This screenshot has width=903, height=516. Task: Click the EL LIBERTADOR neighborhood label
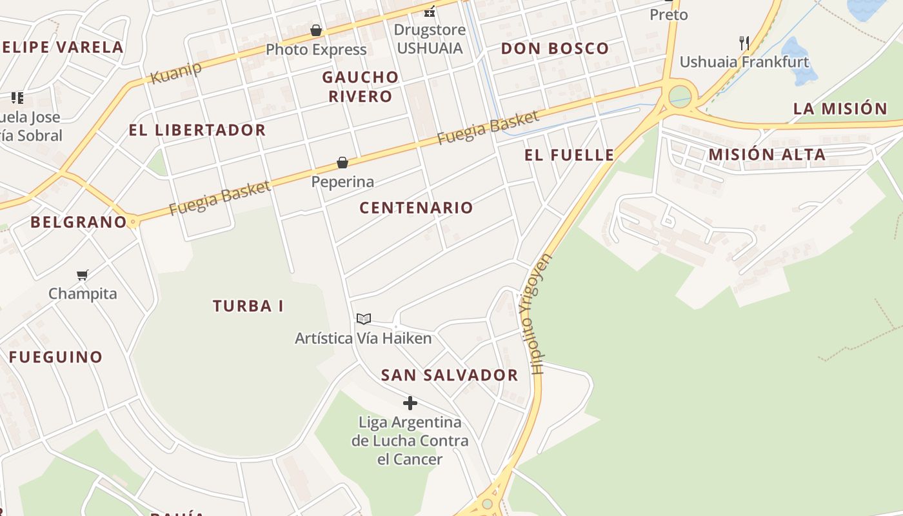tap(197, 130)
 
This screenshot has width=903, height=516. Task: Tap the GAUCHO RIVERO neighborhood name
tap(360, 86)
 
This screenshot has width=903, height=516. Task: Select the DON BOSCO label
tap(555, 48)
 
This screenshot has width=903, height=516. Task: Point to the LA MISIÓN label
tap(840, 108)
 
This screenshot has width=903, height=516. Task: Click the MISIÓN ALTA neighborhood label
tap(766, 155)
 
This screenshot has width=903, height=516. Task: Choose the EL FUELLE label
tap(569, 155)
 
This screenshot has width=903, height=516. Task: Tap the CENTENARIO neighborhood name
tap(416, 208)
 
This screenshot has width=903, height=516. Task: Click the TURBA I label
tap(248, 306)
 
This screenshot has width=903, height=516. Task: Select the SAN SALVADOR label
tap(449, 375)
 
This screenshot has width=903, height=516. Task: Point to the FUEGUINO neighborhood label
tap(55, 357)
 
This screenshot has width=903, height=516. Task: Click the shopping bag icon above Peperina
tap(342, 163)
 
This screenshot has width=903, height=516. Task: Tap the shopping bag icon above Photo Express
tap(316, 30)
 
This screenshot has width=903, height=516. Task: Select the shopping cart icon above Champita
tap(83, 275)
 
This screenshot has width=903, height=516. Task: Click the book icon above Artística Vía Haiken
tap(364, 319)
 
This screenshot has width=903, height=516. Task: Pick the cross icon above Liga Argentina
tap(410, 404)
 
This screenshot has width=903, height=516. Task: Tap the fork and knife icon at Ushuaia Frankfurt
tap(744, 43)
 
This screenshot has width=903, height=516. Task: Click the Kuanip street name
tap(175, 72)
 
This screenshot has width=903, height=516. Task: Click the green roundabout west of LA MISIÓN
tap(679, 97)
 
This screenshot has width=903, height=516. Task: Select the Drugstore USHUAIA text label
tap(430, 39)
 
